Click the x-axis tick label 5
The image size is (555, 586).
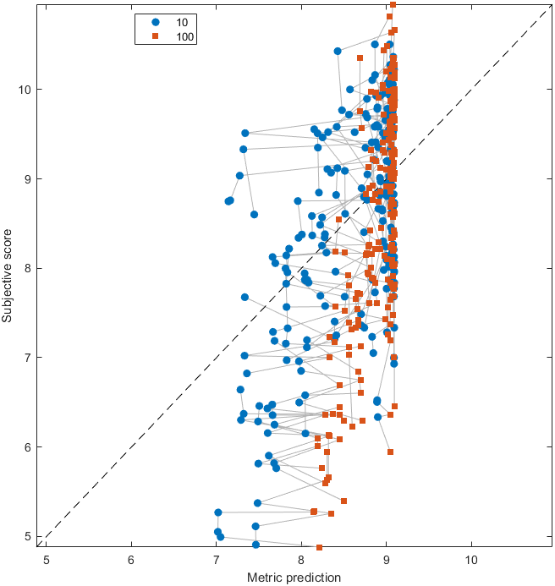(47, 560)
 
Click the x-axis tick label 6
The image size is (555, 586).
(131, 560)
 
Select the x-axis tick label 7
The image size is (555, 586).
(216, 560)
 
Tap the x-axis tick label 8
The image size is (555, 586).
(301, 560)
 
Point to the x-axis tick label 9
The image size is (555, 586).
(386, 560)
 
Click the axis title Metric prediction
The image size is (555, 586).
(294, 578)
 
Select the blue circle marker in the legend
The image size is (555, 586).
(154, 22)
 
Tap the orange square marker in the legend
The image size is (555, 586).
(154, 36)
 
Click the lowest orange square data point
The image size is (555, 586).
(319, 548)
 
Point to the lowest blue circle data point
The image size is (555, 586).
(256, 545)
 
